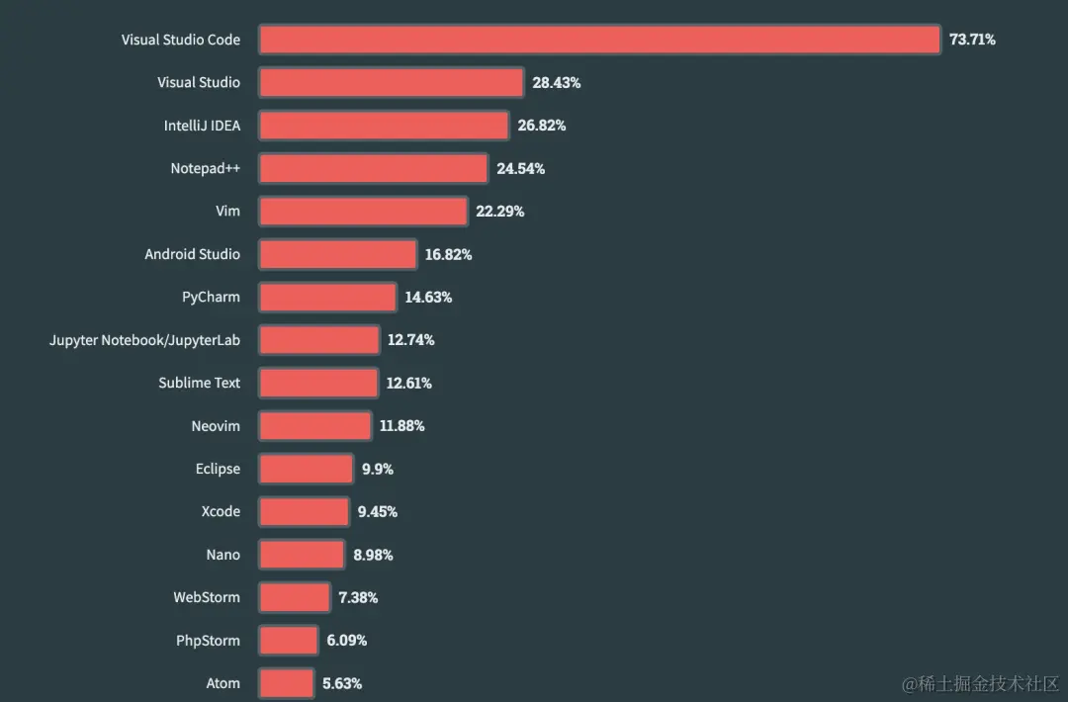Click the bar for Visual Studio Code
(x=599, y=40)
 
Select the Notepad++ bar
(x=373, y=168)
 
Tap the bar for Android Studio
(x=337, y=254)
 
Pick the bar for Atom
(x=286, y=683)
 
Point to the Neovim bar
(x=314, y=425)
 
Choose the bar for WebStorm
(x=294, y=597)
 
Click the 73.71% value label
(x=972, y=40)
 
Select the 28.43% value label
(x=556, y=83)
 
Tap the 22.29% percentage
(x=499, y=212)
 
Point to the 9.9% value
(x=378, y=469)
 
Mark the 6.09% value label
(x=346, y=641)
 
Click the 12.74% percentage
(x=410, y=340)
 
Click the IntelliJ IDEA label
(x=202, y=126)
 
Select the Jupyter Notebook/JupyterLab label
(x=144, y=340)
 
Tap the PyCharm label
(x=211, y=297)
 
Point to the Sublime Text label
(x=199, y=383)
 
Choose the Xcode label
(x=221, y=511)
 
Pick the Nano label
(x=222, y=555)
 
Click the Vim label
(x=227, y=212)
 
